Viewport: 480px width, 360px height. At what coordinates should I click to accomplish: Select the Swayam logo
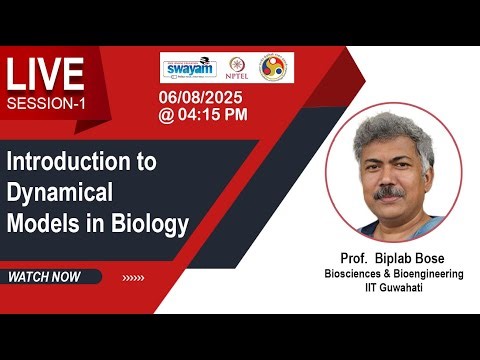(x=189, y=67)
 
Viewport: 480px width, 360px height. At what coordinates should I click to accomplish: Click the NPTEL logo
(x=238, y=68)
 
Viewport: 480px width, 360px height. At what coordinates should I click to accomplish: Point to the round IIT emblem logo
(x=277, y=68)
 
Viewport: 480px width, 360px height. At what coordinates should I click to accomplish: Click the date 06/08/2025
(x=202, y=97)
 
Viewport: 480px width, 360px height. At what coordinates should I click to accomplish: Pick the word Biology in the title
(x=152, y=225)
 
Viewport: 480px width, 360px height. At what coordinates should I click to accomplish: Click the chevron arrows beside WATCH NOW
(x=132, y=277)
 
